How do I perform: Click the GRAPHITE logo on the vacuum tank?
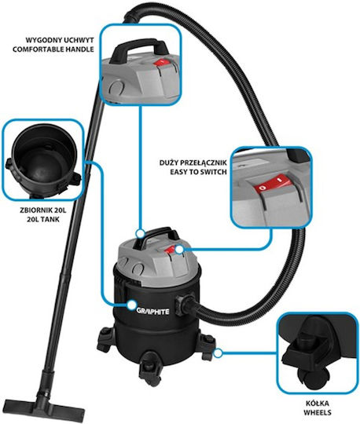click(x=153, y=311)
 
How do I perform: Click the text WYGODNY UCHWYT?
click(x=60, y=40)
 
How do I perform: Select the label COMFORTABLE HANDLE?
click(x=53, y=49)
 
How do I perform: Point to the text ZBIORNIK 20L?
click(x=43, y=210)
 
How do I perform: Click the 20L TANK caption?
click(x=43, y=219)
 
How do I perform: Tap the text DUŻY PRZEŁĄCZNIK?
click(x=193, y=163)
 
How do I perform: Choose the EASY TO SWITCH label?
click(x=198, y=172)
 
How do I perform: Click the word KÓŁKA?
click(x=318, y=403)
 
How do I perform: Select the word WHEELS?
click(x=318, y=412)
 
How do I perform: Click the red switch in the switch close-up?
click(x=272, y=185)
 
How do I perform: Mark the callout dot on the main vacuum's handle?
click(x=140, y=233)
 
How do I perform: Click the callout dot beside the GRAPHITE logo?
click(x=131, y=305)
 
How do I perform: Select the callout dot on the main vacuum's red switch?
click(x=179, y=250)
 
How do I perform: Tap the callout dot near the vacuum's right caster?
click(x=218, y=353)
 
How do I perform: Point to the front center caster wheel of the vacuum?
click(x=149, y=367)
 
